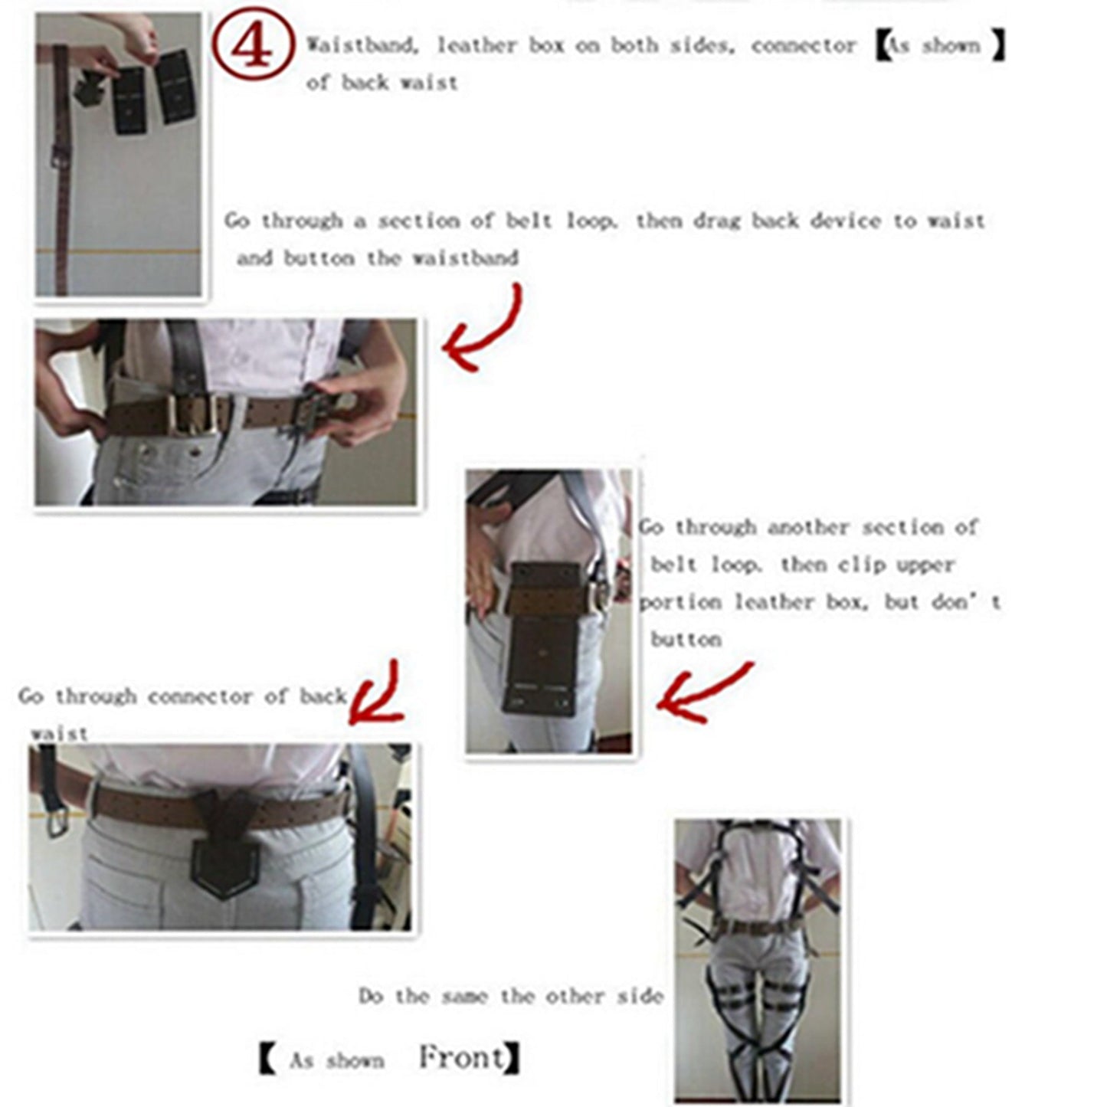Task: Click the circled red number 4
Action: [252, 46]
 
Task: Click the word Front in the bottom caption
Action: [462, 1057]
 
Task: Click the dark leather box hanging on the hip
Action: [544, 636]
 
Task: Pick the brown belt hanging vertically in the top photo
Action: [61, 169]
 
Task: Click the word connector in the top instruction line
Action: [803, 46]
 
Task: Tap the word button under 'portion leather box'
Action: [686, 640]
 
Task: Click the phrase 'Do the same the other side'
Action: [510, 997]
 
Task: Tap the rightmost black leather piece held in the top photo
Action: [175, 86]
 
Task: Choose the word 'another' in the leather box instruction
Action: [808, 528]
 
